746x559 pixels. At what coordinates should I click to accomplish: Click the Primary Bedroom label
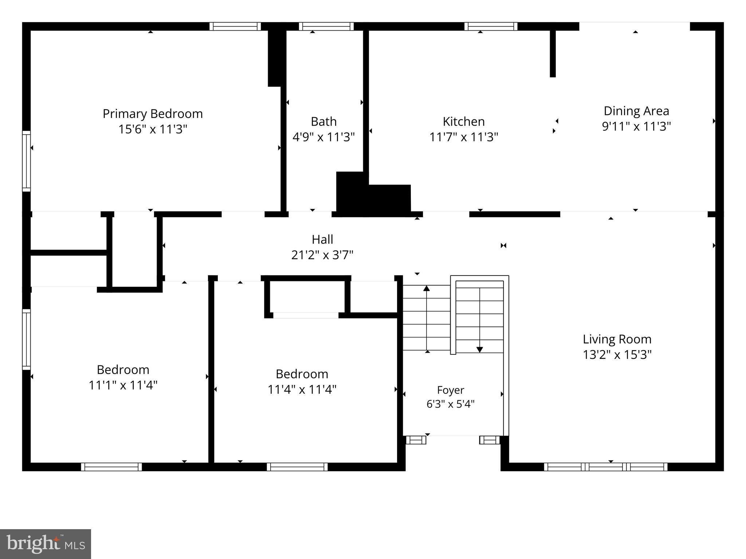click(153, 114)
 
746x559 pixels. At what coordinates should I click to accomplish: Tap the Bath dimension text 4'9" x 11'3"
click(323, 137)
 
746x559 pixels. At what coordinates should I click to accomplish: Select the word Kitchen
click(464, 121)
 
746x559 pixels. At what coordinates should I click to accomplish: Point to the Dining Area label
click(636, 111)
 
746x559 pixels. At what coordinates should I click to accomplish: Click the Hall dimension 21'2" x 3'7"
click(322, 255)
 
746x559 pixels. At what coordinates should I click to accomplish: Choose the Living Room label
click(617, 339)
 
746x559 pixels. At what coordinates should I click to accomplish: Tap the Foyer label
click(451, 390)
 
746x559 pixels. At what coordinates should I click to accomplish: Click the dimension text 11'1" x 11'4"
click(123, 385)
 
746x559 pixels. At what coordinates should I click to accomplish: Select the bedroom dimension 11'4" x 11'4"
click(302, 389)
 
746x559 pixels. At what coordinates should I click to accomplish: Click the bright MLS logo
click(46, 544)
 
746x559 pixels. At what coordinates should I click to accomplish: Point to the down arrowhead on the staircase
click(480, 350)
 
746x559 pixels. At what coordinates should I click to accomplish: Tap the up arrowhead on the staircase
click(427, 288)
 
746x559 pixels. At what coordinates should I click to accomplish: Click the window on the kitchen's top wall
click(491, 26)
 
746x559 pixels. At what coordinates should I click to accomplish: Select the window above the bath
click(326, 26)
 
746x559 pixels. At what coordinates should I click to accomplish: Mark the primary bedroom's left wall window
click(26, 161)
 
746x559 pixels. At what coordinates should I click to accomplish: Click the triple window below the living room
click(606, 467)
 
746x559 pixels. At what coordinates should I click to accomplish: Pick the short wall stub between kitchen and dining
click(553, 53)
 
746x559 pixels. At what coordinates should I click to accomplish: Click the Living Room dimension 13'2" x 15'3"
click(617, 354)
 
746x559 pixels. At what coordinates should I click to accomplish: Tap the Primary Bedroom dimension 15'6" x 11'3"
click(153, 129)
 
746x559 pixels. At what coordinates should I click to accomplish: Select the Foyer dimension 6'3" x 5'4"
click(451, 404)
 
